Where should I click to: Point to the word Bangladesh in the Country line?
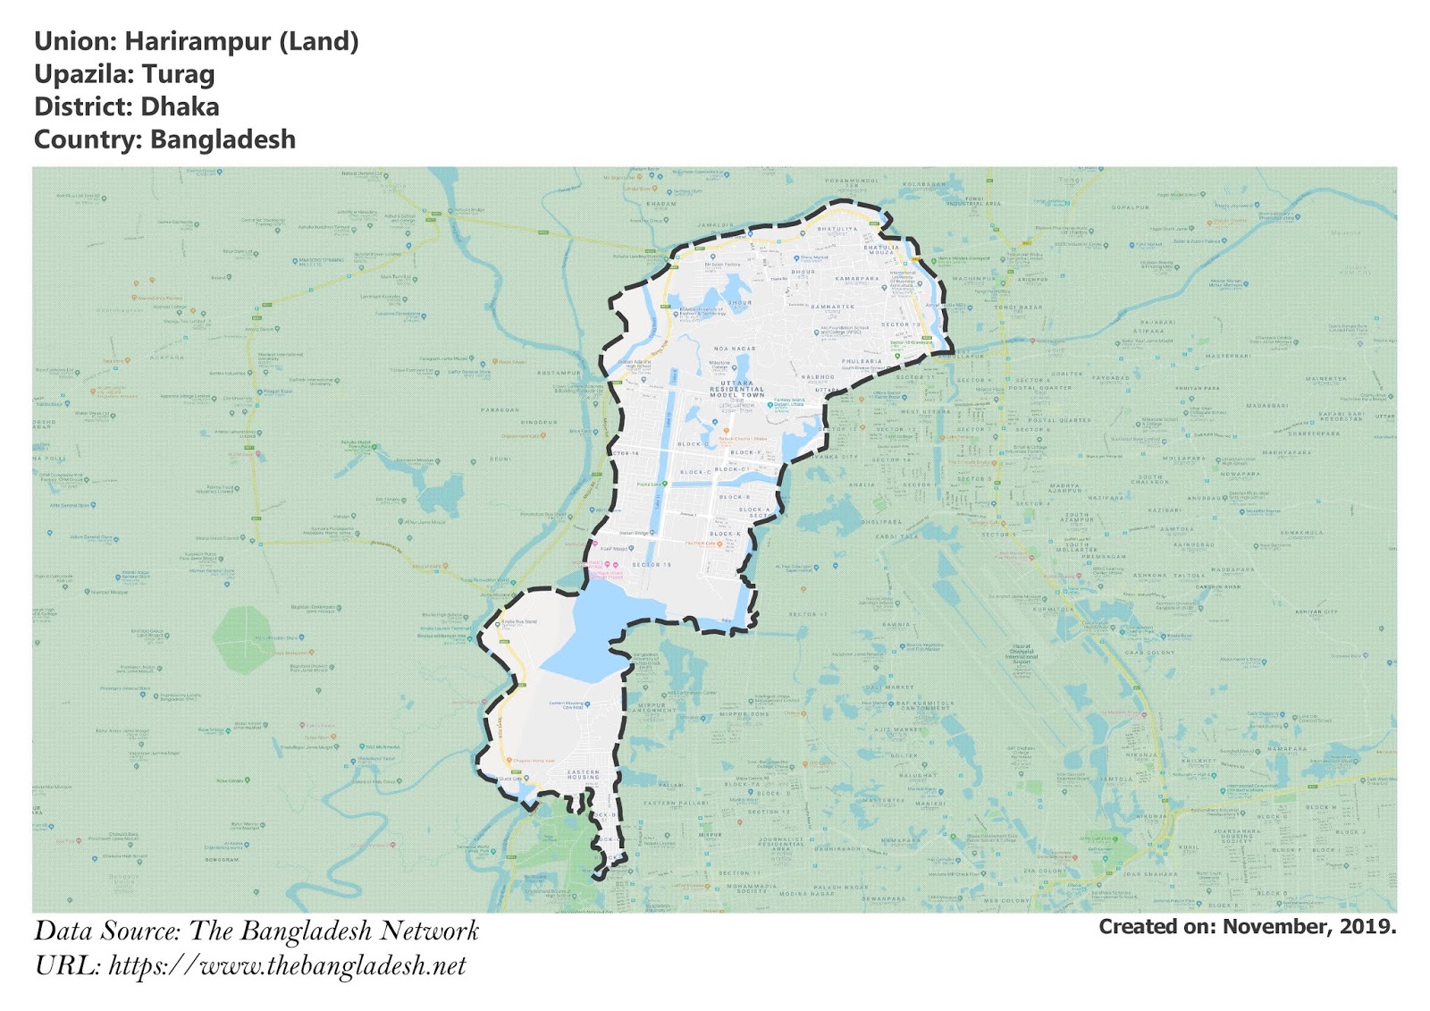coord(223,140)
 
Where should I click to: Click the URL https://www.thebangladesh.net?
coord(287,965)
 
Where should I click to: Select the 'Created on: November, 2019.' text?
coord(1247,927)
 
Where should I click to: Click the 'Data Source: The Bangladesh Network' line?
coord(257,931)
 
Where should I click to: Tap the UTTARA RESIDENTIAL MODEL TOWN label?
coord(737,389)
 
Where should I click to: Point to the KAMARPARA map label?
coord(857,279)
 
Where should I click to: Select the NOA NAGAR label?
coord(735,349)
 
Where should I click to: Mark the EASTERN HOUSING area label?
coord(584,774)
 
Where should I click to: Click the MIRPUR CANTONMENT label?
coord(652,708)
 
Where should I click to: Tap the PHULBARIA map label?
coord(862,362)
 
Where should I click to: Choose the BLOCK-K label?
coord(726,534)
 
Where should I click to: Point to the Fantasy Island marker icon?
coord(770,404)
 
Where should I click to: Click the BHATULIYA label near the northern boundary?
coord(837,229)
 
